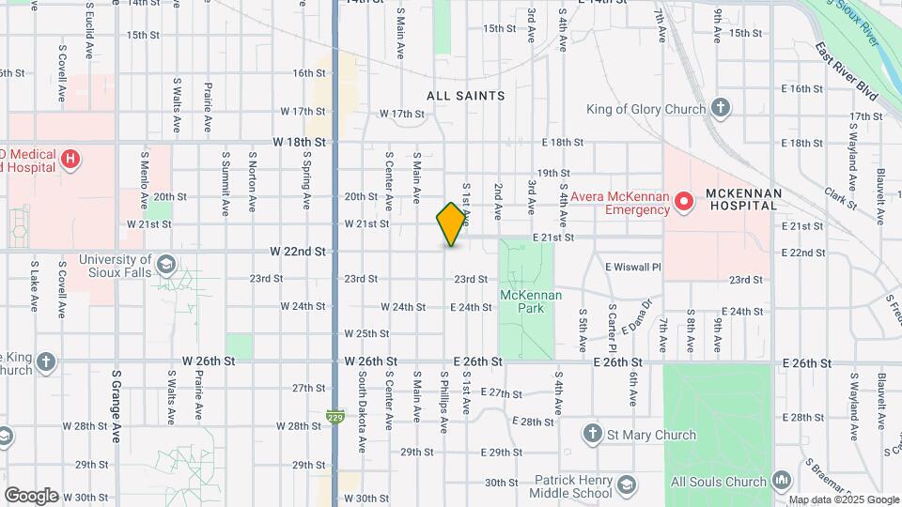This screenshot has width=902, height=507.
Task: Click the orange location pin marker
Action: pos(452,223)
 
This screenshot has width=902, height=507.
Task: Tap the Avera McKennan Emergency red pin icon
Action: pos(686,200)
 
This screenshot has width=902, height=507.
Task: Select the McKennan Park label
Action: pos(530,301)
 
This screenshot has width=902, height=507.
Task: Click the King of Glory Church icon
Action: pos(721,109)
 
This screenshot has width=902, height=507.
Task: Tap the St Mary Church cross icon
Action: pos(592,435)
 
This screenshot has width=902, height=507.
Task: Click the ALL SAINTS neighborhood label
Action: pos(465,96)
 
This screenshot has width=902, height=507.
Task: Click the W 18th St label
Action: pos(299,142)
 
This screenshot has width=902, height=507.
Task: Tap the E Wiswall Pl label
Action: pos(633,267)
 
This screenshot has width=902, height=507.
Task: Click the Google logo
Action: pos(31,495)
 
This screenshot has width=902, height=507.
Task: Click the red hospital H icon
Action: pos(70,160)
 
